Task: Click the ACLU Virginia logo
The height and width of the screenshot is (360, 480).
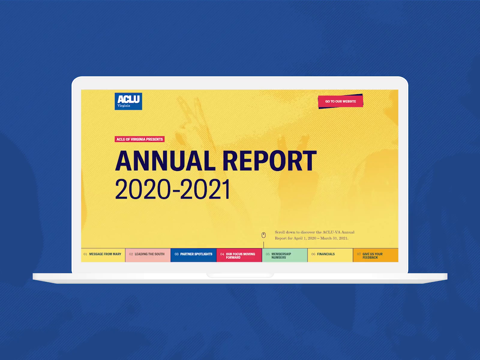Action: point(128,101)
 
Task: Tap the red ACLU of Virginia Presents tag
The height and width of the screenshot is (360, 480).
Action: point(139,139)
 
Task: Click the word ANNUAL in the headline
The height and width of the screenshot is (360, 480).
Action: point(165,161)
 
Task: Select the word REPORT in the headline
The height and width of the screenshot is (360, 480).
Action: point(270,161)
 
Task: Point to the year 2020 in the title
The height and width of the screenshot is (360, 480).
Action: point(142,189)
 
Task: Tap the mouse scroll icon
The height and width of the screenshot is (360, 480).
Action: point(263,235)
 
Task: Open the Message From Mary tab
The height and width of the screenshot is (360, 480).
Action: point(103,255)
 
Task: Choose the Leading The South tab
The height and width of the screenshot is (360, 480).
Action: point(148,255)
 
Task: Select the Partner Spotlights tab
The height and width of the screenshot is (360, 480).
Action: point(193,255)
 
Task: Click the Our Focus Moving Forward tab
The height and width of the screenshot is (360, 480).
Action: point(239,255)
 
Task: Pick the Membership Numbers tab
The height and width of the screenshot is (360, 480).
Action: point(285,255)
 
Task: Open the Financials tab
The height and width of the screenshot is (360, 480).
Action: point(330,255)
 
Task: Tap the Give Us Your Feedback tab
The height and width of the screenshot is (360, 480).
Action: point(376,255)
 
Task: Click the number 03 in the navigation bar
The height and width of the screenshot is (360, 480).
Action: point(176,254)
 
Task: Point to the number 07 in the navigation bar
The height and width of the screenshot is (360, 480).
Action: point(359,254)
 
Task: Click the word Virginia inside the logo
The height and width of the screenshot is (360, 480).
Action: point(124,106)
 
